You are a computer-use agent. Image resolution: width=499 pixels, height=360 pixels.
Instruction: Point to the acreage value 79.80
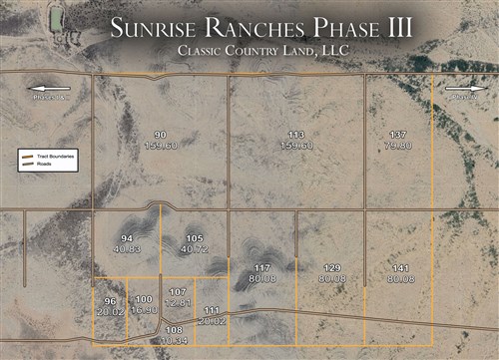click(398, 146)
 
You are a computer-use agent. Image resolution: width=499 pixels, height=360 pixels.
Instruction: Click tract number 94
click(127, 239)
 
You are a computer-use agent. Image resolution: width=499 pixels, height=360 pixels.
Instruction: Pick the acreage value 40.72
click(195, 249)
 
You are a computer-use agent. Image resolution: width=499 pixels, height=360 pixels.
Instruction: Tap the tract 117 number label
click(262, 268)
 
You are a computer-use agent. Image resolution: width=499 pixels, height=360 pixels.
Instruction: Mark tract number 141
click(400, 268)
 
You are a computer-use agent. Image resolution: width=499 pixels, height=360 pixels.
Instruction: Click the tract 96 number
click(110, 301)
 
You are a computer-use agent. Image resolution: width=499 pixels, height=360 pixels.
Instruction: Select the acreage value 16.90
click(145, 310)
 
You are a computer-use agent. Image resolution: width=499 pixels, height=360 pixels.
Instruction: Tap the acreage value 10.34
click(174, 340)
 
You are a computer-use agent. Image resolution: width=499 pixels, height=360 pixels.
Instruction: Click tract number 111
click(212, 310)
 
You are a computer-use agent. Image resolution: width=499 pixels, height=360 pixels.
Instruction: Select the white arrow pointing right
click(461, 87)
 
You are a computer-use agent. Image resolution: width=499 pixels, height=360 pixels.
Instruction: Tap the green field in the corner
click(56, 18)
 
